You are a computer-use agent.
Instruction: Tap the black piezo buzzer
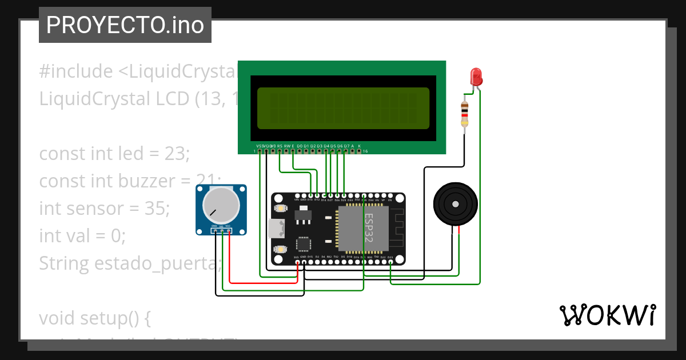click(x=455, y=204)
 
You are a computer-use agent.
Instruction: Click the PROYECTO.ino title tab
click(x=125, y=25)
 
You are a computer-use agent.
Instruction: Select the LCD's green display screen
click(x=343, y=108)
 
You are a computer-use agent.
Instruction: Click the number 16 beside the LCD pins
click(x=365, y=151)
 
